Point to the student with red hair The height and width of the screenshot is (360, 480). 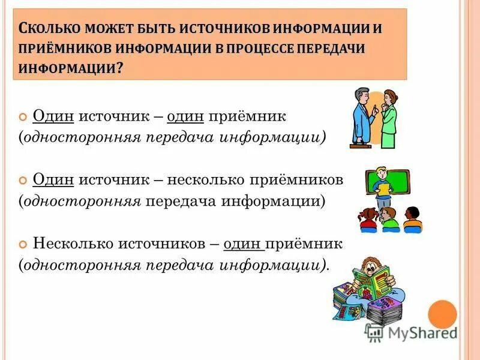(367, 219)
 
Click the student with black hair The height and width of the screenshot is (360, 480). (412, 219)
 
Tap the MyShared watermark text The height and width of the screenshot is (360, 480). (420, 332)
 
